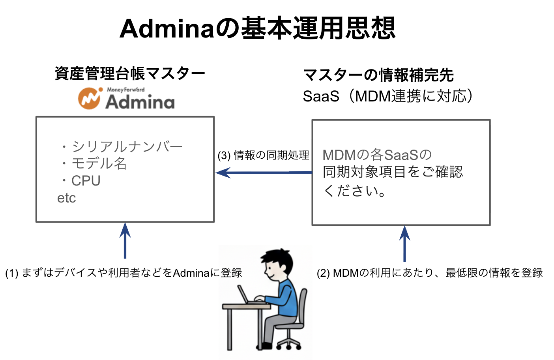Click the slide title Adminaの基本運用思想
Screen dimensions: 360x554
pos(257,28)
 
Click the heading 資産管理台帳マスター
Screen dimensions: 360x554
pos(130,74)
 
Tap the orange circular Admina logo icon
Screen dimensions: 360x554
pos(89,98)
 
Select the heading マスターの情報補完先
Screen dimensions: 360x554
pos(378,75)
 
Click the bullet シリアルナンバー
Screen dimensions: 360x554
pos(126,146)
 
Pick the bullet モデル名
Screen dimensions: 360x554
pos(99,163)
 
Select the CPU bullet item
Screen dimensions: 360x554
pos(86,181)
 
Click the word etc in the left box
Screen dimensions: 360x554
pos(66,198)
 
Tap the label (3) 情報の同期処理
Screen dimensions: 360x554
pos(263,155)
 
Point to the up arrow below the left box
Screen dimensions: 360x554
pos(125,241)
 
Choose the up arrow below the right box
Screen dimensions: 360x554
pos(404,244)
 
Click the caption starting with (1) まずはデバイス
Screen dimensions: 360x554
pos(124,273)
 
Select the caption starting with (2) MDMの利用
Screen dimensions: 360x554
pos(430,273)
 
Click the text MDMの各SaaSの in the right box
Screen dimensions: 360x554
pos(377,155)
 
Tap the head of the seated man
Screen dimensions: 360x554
pos(277,263)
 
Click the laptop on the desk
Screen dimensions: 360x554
pos(245,296)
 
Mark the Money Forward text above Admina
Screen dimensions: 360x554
pos(125,90)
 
